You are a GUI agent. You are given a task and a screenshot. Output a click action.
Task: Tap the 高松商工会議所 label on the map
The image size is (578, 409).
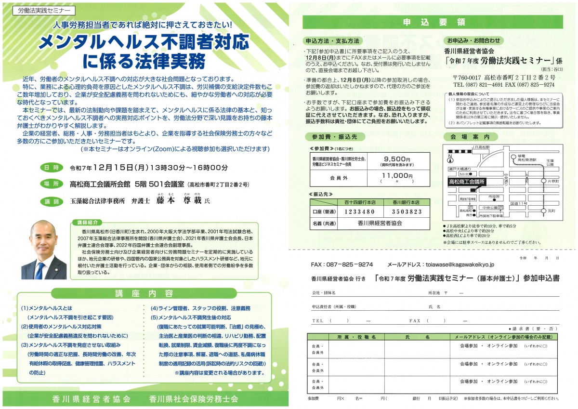(x=467, y=182)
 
